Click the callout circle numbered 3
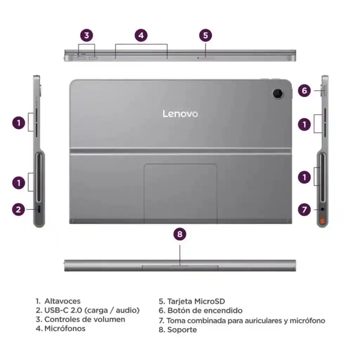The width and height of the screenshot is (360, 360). [x=86, y=35]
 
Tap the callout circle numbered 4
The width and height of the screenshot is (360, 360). [x=141, y=35]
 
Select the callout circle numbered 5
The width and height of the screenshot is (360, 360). [x=206, y=35]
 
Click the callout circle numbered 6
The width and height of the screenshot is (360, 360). [x=304, y=91]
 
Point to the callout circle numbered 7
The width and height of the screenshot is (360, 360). [x=304, y=210]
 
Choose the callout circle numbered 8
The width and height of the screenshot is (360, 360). [x=180, y=234]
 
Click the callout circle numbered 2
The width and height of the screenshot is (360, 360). [x=18, y=210]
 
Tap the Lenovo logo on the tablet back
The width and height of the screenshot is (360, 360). [x=180, y=114]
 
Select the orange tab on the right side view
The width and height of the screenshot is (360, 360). [x=322, y=220]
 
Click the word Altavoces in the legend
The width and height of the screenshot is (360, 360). [x=62, y=301]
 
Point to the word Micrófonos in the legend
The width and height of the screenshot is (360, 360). [x=65, y=329]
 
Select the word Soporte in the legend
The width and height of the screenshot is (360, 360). [x=182, y=330]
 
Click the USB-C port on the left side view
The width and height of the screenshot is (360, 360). [x=39, y=210]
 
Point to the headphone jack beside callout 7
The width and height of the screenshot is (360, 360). [x=322, y=210]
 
